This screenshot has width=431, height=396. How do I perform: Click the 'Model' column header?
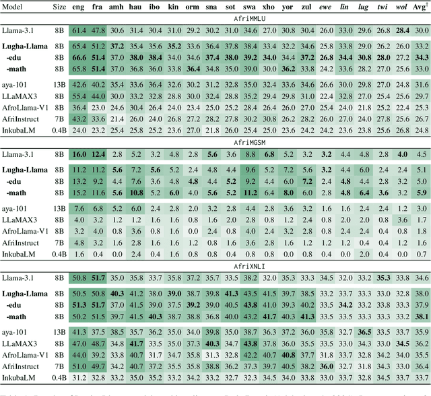15,6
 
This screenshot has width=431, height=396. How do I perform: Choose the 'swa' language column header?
251,6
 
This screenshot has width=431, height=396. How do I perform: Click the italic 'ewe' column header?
327,6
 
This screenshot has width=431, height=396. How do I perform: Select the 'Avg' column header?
422,6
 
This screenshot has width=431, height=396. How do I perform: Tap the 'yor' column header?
289,6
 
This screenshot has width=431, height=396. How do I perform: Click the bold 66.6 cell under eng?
79,57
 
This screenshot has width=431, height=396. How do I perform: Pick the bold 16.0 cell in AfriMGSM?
79,154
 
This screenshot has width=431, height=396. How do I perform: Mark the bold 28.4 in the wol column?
403,31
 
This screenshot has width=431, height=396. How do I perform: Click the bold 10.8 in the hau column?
137,192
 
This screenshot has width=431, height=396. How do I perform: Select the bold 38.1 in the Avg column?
422,317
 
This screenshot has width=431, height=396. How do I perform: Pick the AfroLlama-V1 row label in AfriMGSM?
26,230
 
